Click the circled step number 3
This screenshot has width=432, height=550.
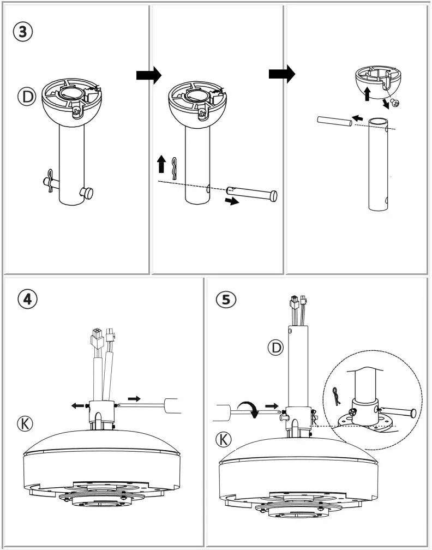[x=22, y=31]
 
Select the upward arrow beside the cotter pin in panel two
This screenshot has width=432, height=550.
[x=161, y=164]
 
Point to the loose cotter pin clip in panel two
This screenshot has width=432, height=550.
[x=175, y=168]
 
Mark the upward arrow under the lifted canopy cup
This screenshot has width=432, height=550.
[x=367, y=93]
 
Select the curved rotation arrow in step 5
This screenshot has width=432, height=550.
[x=250, y=409]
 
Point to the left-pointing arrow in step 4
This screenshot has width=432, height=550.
[x=78, y=405]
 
